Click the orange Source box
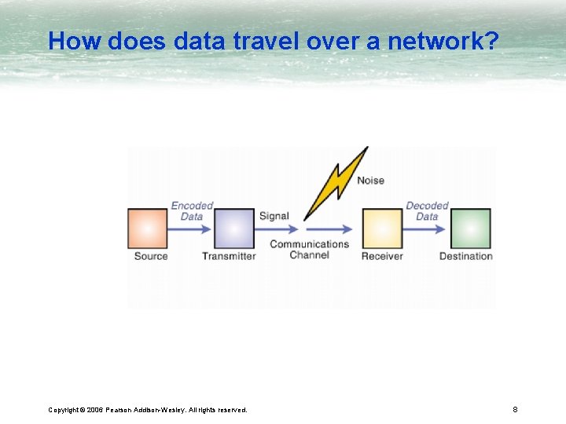click(148, 228)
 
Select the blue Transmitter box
click(234, 228)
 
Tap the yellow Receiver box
click(382, 228)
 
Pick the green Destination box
click(470, 228)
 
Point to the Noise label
click(370, 181)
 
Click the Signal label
click(274, 216)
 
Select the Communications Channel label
click(309, 249)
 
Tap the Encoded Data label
click(192, 210)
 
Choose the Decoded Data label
click(427, 210)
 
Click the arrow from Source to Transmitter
click(191, 229)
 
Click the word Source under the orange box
click(151, 256)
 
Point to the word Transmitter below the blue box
click(229, 256)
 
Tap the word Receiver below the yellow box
click(382, 256)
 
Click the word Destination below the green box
click(466, 256)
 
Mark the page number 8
click(515, 409)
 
